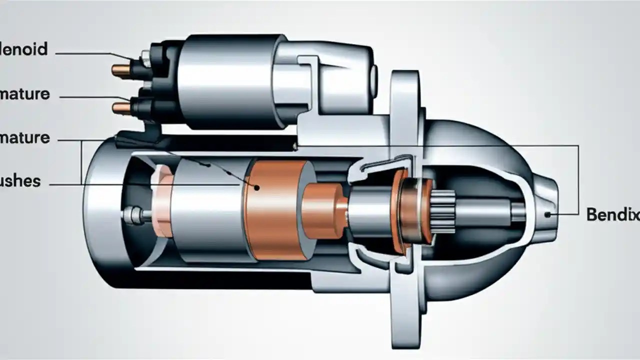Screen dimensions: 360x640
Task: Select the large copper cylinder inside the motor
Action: click(x=275, y=210)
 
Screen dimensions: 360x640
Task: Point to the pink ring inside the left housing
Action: click(x=162, y=205)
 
